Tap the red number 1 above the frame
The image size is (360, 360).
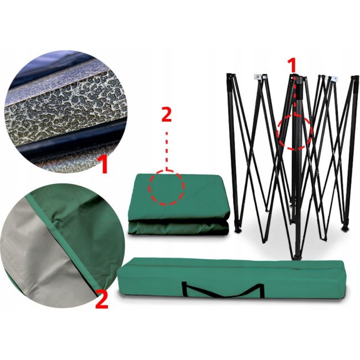tap(292, 65)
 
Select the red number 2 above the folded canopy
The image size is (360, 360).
tap(167, 114)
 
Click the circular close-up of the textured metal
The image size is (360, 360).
tap(65, 111)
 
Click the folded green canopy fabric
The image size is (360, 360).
tap(179, 204)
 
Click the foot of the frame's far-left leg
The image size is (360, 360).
tap(238, 229)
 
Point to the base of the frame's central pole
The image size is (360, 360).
tap(297, 256)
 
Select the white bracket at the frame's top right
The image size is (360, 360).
tap(334, 79)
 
